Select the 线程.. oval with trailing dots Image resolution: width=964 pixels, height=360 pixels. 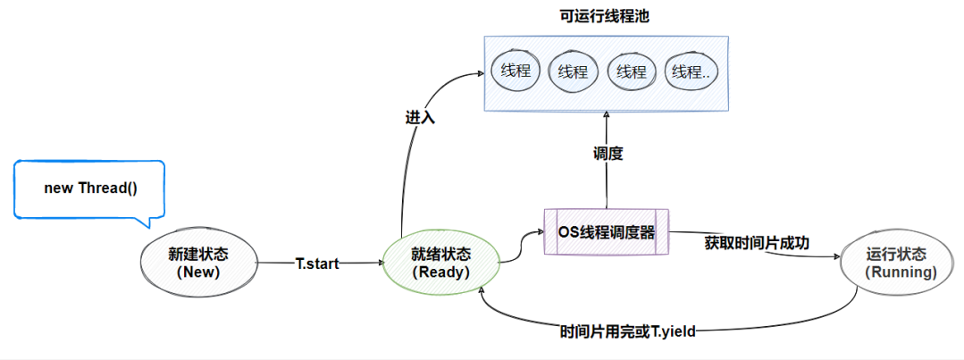click(692, 71)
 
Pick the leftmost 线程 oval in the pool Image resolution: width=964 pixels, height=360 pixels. click(516, 71)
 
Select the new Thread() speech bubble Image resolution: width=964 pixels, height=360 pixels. click(90, 188)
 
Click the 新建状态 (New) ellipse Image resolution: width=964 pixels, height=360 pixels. click(198, 263)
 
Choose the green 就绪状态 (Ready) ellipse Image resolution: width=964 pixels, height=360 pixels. click(441, 263)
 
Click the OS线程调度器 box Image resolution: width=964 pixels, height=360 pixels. click(607, 231)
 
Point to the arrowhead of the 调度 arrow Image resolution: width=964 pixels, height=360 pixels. click(607, 115)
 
